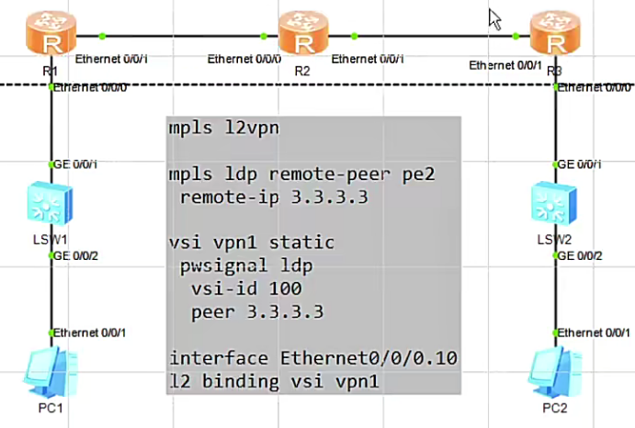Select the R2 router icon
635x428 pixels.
[x=302, y=35]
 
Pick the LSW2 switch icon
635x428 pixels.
[x=555, y=205]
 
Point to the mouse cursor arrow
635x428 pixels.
[x=494, y=18]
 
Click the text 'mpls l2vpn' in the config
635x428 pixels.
[x=223, y=128]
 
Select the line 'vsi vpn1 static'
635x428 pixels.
[x=251, y=242]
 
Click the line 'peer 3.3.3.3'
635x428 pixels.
[x=257, y=311]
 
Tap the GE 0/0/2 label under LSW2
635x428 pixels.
[x=583, y=255]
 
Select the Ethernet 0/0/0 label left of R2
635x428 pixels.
[x=244, y=59]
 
